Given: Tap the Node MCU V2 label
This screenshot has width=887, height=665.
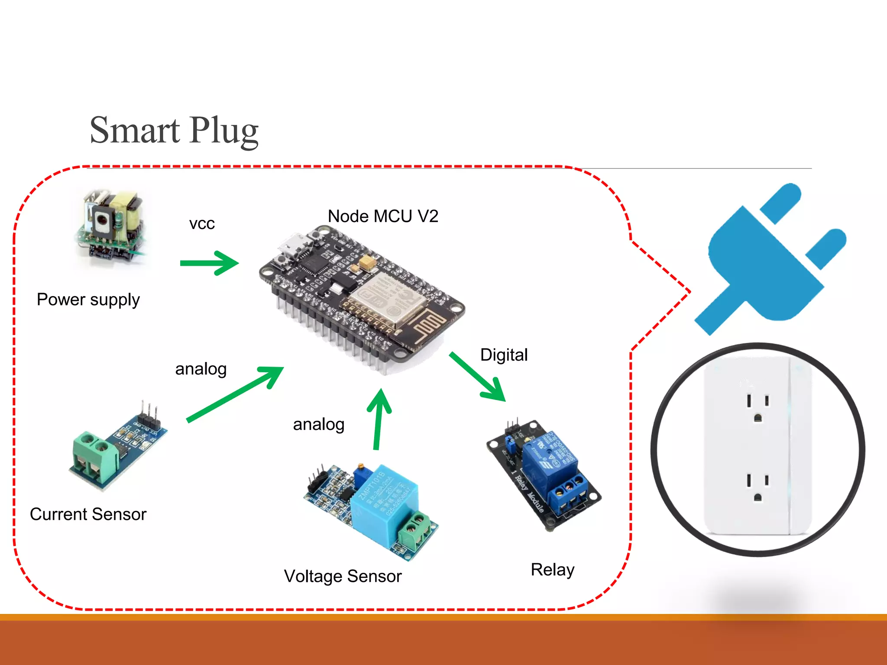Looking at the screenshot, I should tap(383, 216).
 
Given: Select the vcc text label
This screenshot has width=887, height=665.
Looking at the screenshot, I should tap(202, 224).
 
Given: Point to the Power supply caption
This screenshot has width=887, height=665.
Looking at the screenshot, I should tap(88, 300).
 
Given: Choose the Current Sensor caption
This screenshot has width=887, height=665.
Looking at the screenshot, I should tap(88, 514).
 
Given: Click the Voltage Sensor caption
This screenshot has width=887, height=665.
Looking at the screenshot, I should tap(343, 576).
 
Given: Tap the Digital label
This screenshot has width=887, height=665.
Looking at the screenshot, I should tap(504, 355).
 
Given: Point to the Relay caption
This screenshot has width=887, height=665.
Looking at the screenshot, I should tap(553, 570).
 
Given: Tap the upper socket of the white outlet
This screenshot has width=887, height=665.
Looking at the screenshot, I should tap(758, 407).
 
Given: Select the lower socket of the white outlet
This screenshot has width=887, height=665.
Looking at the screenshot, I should tap(758, 487).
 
